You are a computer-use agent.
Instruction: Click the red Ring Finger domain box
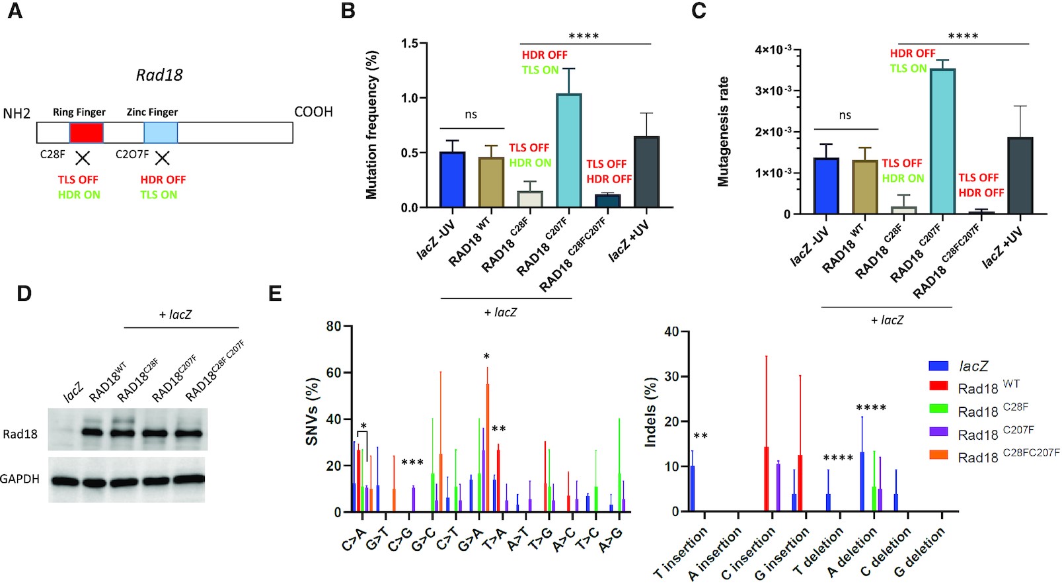86,132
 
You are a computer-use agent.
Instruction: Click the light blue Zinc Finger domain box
161,132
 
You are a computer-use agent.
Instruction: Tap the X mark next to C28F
83,157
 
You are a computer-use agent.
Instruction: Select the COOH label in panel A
313,112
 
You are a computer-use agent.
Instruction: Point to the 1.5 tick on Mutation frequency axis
410,44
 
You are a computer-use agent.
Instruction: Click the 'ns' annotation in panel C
845,115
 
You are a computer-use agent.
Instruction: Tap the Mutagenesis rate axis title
724,131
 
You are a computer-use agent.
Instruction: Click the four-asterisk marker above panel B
584,36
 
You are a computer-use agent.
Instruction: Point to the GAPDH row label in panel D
20,479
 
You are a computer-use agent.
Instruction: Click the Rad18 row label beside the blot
20,434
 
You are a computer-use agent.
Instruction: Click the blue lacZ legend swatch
938,366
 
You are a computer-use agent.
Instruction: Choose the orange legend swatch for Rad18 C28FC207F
938,456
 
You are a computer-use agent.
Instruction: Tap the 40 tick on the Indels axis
671,332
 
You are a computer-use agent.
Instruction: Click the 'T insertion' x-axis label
681,552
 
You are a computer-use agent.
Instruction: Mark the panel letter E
275,294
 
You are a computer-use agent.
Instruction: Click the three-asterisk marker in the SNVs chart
412,462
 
